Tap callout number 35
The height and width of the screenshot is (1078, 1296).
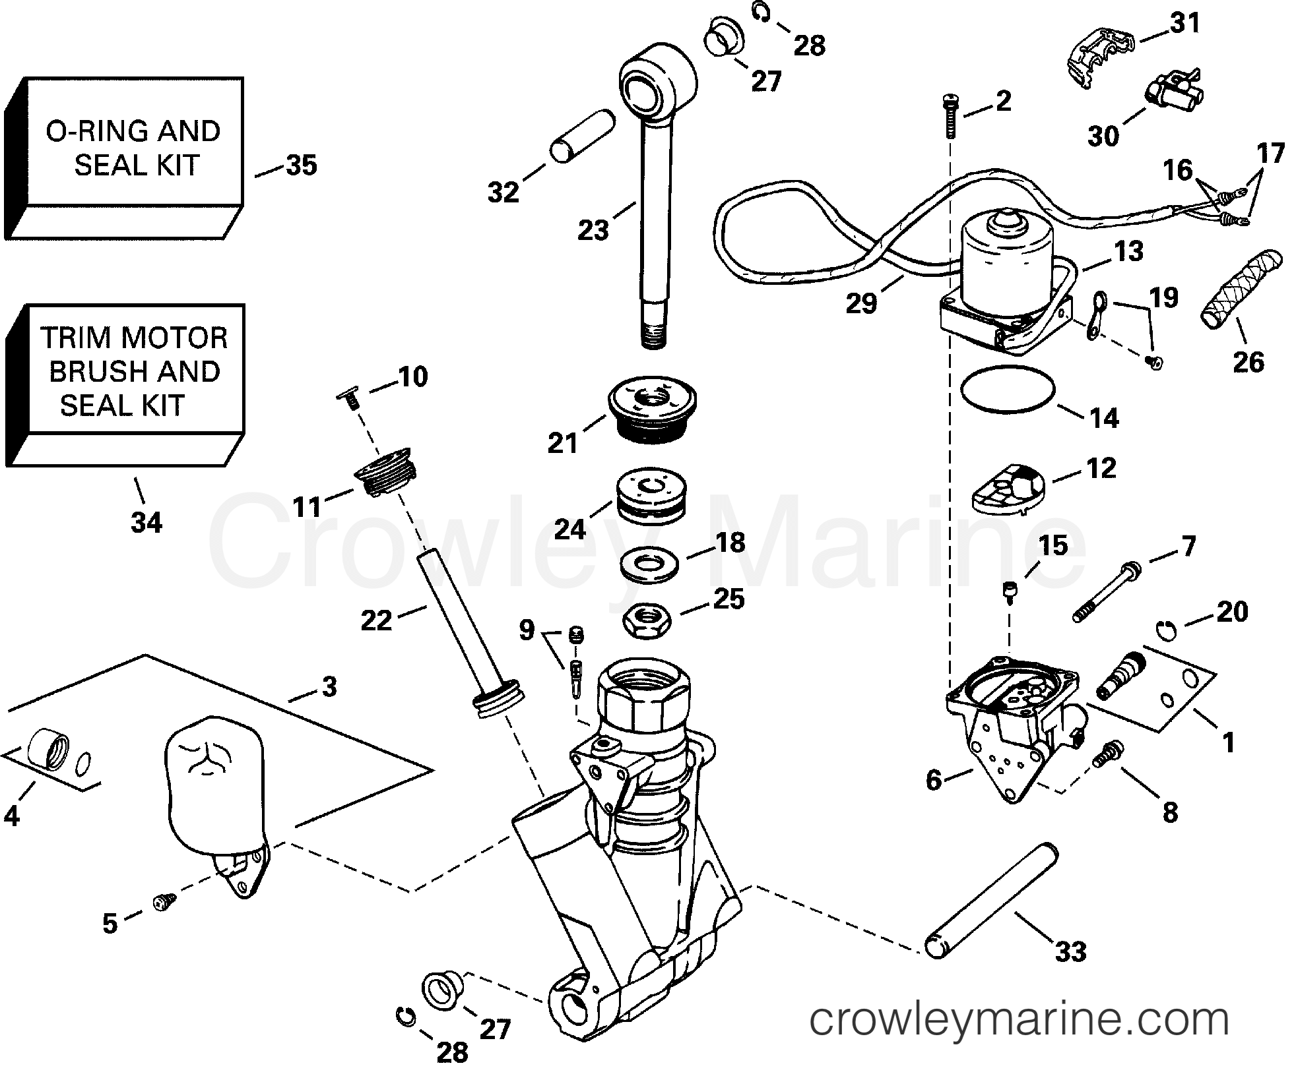[301, 165]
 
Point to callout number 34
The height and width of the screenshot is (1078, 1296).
[146, 523]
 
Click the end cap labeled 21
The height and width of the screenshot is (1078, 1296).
[652, 411]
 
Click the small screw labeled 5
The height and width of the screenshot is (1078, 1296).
[164, 901]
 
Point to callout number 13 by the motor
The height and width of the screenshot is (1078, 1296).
[1128, 252]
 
